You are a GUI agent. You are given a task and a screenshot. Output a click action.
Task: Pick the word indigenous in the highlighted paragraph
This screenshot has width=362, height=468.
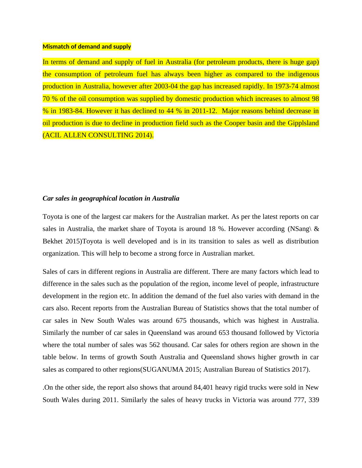point(303,74)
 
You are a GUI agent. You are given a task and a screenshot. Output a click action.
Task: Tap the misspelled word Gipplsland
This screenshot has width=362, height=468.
point(303,123)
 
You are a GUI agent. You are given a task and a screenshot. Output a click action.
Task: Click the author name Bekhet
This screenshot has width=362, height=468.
point(53,241)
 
